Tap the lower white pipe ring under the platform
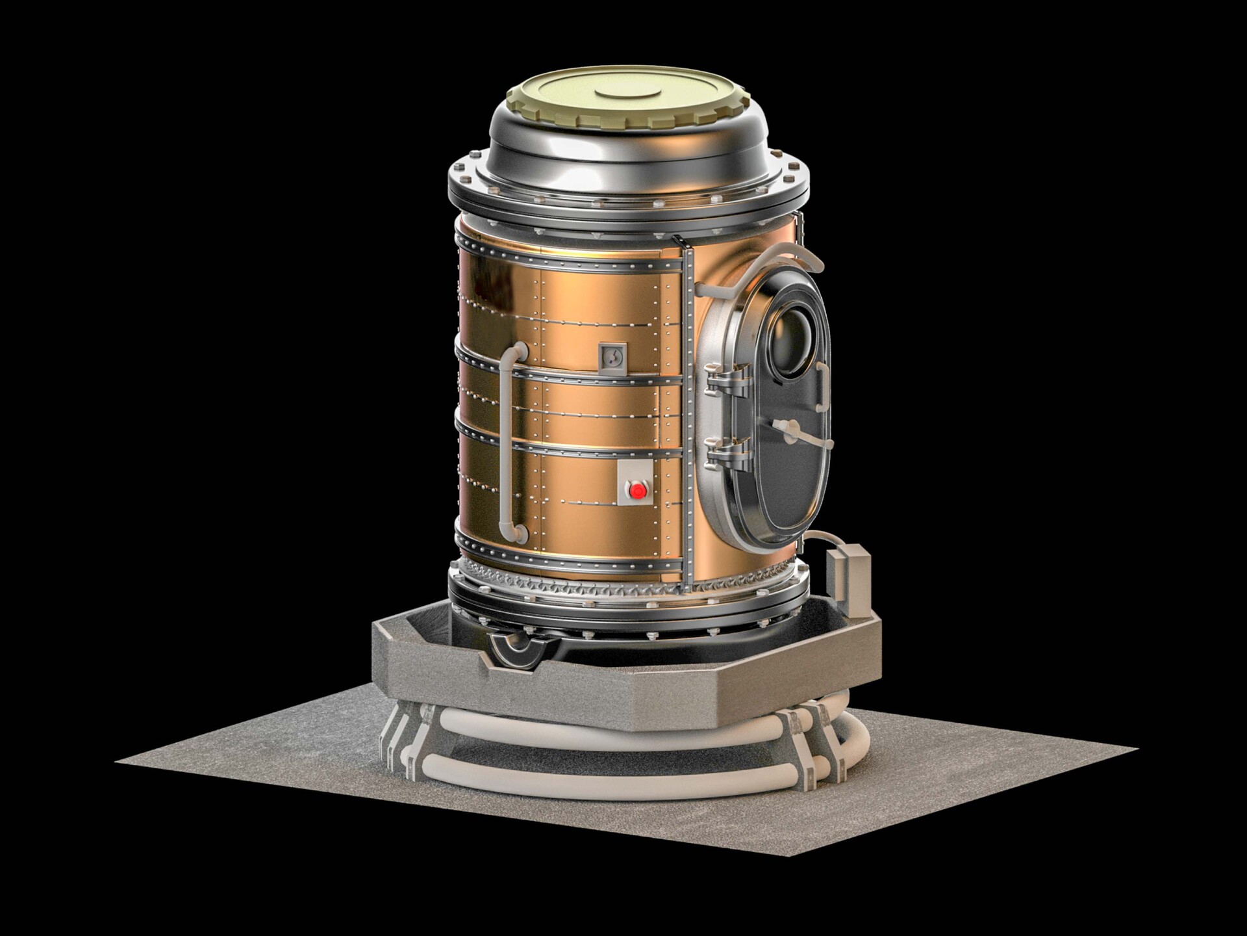623,777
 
